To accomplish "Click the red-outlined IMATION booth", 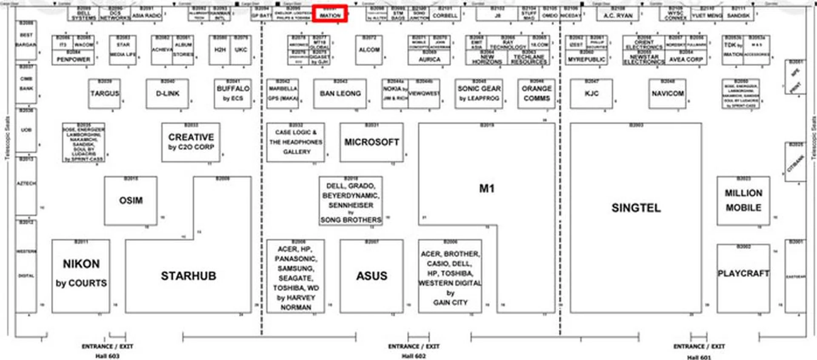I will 330,14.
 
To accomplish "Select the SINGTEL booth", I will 636,208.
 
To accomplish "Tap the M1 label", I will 486,189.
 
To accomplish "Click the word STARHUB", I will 189,276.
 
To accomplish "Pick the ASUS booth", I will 371,276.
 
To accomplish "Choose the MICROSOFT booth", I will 371,142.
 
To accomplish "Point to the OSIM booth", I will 131,200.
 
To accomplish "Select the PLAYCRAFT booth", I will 743,274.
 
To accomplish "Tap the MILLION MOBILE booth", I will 743,200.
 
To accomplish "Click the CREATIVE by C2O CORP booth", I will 191,142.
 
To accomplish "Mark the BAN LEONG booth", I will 340,94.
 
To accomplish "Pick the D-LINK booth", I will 167,94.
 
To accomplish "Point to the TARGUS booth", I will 105,94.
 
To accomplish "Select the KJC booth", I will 591,94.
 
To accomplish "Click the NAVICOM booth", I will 667,94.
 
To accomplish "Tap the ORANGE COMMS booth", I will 537,94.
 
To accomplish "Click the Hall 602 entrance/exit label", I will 414,351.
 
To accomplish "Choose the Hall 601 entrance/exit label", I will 699,351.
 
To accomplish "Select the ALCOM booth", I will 369,50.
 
